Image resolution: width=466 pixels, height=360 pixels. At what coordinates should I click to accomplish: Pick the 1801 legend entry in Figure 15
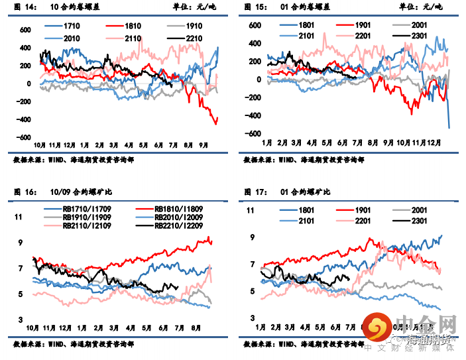(x=306, y=25)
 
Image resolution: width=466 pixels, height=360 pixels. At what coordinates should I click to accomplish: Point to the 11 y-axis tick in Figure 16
(x=19, y=217)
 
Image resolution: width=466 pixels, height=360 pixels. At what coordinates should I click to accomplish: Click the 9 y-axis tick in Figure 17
(x=252, y=237)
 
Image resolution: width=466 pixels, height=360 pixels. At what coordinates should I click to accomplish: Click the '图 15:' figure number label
(x=255, y=7)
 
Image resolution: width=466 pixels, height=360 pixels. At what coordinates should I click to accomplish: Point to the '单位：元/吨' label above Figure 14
(x=200, y=7)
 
